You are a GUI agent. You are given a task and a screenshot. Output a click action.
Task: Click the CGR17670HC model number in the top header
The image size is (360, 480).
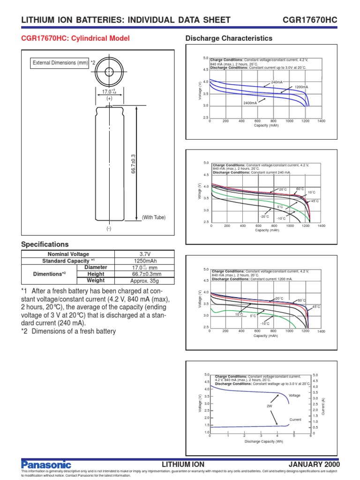(310, 20)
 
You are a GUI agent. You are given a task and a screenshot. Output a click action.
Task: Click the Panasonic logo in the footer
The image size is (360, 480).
(46, 464)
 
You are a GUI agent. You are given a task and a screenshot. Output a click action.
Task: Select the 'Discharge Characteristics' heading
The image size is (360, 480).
(229, 38)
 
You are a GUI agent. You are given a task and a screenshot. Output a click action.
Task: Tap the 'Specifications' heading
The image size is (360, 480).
(45, 244)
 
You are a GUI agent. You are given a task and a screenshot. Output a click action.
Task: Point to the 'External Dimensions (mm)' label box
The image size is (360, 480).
(60, 63)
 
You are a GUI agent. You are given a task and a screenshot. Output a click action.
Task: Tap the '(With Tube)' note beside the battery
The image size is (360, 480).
(154, 217)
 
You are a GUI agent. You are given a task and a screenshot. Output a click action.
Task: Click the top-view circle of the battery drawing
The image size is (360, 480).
(109, 72)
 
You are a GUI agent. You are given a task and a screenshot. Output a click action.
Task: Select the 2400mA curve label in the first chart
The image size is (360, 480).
(249, 103)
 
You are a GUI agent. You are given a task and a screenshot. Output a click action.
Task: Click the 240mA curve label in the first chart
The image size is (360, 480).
(277, 82)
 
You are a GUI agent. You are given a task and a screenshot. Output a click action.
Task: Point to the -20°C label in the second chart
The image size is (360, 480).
(264, 217)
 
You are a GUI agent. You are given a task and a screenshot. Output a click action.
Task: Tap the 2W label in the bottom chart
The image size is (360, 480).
(269, 406)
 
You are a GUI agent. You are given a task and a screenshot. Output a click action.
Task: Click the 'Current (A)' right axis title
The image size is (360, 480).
(323, 404)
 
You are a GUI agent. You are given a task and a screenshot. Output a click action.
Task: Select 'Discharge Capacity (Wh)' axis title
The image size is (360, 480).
(260, 442)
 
